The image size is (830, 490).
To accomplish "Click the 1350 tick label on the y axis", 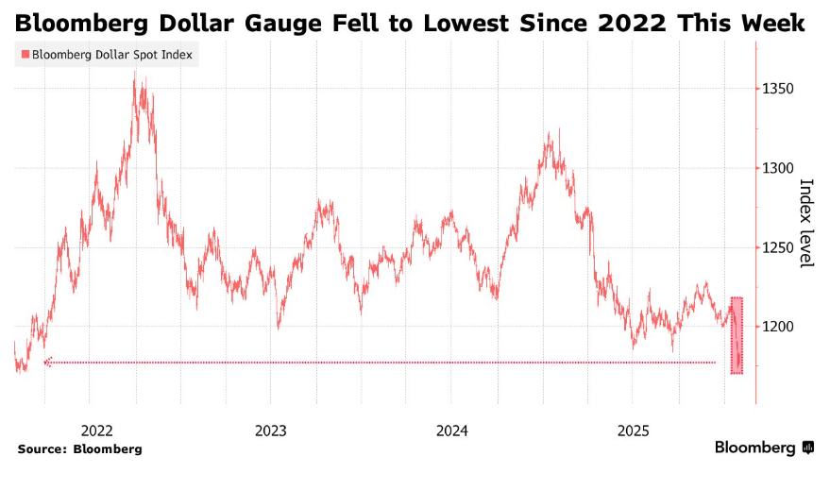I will pyautogui.click(x=780, y=89).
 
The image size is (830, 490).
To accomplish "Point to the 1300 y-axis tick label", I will pyautogui.click(x=780, y=168).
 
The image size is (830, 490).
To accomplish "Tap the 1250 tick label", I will pyautogui.click(x=780, y=247).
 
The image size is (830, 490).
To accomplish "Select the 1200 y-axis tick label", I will pyautogui.click(x=780, y=327).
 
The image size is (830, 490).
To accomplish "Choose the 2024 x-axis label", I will pyautogui.click(x=452, y=431).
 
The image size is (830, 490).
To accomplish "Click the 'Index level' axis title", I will pyautogui.click(x=807, y=223).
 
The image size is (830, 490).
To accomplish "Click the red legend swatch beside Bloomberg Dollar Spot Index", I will pyautogui.click(x=25, y=55).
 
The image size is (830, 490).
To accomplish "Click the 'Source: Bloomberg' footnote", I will pyautogui.click(x=79, y=449).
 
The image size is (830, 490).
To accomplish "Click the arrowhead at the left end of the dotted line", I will pyautogui.click(x=47, y=362).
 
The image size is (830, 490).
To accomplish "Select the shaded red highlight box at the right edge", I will pyautogui.click(x=737, y=335).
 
